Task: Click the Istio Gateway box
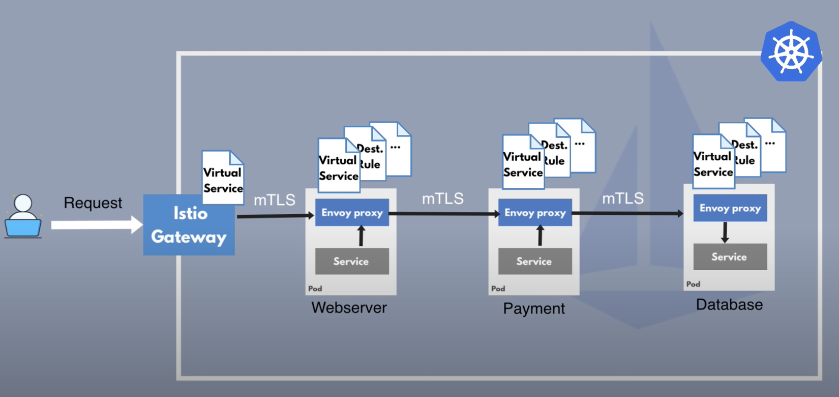tap(189, 225)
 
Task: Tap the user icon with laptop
tap(23, 216)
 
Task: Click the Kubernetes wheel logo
tap(791, 52)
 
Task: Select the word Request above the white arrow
tap(93, 203)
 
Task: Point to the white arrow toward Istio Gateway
tap(97, 224)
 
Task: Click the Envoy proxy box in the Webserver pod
tap(352, 213)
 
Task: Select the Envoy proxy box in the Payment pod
tap(535, 213)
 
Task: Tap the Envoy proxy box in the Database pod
tap(730, 208)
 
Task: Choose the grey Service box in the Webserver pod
tap(352, 261)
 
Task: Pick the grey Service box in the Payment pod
tap(535, 261)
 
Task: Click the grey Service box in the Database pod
tap(730, 257)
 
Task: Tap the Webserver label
tap(349, 307)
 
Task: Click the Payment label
tap(534, 308)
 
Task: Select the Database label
tap(729, 304)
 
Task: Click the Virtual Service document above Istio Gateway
tap(223, 178)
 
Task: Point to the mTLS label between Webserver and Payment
tap(442, 198)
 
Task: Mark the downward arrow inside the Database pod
tap(725, 233)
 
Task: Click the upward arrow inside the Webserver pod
tap(361, 236)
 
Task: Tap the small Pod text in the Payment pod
tap(498, 289)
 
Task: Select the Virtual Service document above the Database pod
tap(713, 163)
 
